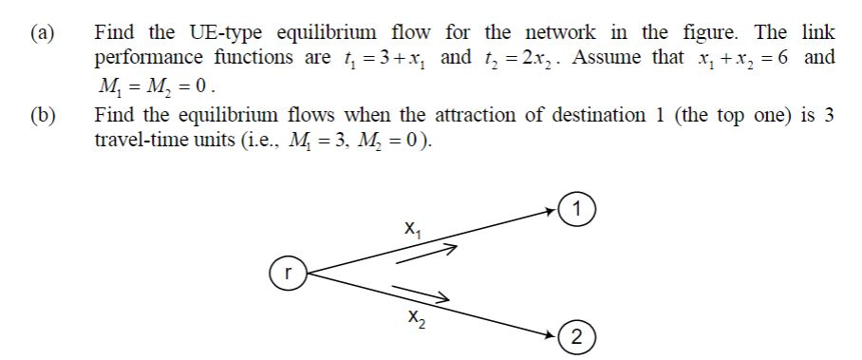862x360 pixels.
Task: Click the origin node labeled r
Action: click(x=287, y=271)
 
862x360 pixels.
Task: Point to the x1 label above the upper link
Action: click(x=410, y=228)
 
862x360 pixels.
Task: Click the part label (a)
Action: click(x=39, y=32)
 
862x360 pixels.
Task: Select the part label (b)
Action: click(x=39, y=117)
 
